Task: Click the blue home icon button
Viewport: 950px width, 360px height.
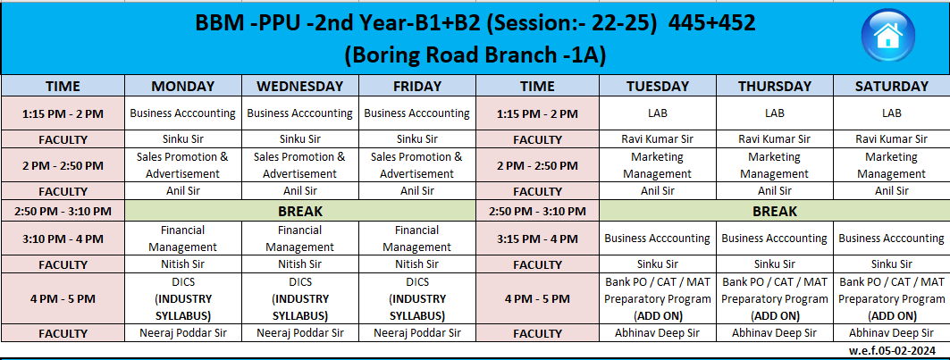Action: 888,36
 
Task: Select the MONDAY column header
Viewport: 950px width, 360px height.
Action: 183,86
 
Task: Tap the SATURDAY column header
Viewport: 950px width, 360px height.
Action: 891,86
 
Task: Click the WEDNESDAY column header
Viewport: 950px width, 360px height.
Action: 300,86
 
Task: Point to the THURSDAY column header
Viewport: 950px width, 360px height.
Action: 774,86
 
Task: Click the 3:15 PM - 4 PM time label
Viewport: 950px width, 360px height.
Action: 537,239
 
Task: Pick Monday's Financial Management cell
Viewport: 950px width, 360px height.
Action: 183,239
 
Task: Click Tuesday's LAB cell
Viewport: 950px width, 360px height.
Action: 658,113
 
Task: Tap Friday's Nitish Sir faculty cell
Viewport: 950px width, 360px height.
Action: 416,264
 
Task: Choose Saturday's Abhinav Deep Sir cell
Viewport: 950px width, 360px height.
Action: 891,332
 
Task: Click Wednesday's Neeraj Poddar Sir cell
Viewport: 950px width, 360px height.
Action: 300,332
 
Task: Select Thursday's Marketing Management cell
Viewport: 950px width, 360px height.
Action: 774,165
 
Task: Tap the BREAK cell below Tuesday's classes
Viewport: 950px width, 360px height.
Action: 774,212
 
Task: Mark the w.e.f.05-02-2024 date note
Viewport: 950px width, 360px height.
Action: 900,350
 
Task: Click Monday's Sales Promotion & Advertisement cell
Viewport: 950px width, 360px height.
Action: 183,165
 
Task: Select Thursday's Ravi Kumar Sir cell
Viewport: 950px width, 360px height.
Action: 774,139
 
